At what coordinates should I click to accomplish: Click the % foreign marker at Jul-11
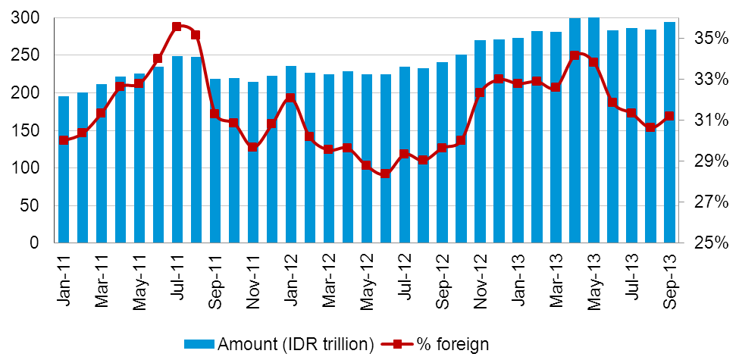tap(177, 27)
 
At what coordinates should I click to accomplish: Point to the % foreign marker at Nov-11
tap(252, 147)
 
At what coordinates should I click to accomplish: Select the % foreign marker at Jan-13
tap(518, 83)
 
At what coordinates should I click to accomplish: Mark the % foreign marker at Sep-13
tap(669, 117)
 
